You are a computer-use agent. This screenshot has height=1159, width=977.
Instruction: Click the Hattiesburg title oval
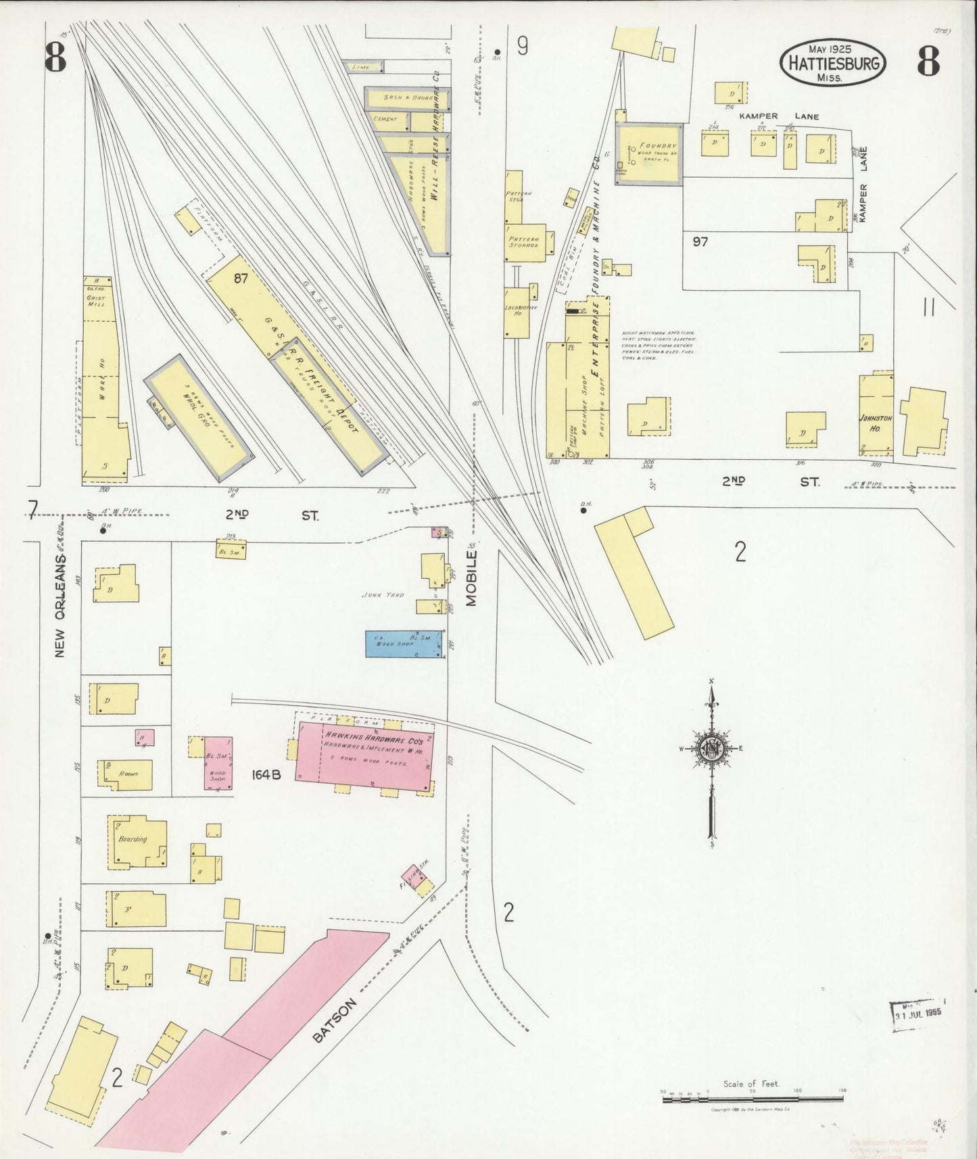[x=833, y=62]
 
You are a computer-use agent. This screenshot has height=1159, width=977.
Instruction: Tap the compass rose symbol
[x=712, y=748]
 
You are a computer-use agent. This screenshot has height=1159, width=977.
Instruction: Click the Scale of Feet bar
[x=753, y=1099]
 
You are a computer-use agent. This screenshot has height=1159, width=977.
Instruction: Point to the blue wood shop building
[x=404, y=644]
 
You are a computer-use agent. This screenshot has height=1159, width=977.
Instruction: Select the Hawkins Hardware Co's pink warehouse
[x=365, y=756]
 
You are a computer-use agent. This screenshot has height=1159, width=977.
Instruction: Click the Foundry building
[x=649, y=153]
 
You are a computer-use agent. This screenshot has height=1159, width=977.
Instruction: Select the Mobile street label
[x=471, y=578]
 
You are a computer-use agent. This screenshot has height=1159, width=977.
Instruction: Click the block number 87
[x=241, y=278]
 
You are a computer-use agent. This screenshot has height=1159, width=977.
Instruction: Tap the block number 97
[x=700, y=241]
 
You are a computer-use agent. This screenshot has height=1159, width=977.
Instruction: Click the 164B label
[x=266, y=775]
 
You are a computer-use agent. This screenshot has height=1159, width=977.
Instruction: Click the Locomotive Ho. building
[x=518, y=312]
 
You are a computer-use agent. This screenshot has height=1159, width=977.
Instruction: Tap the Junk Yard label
[x=383, y=595]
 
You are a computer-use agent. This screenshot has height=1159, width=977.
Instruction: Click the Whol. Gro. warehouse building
[x=199, y=417]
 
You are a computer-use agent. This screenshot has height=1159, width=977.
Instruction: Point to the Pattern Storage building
[x=525, y=242]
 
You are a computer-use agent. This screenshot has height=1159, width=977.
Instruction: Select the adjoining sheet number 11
[x=929, y=308]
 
